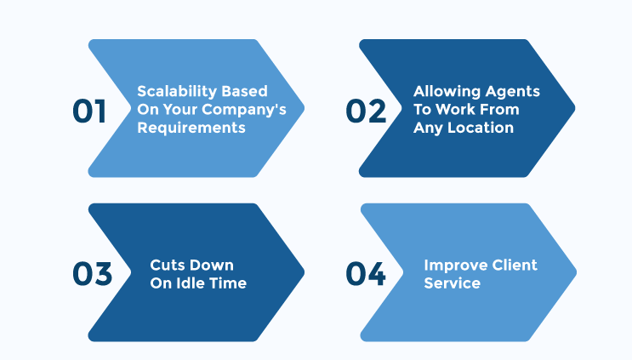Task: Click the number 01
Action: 89,111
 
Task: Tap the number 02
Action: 366,111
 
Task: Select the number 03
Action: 93,274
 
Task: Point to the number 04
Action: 366,274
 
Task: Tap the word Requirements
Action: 191,128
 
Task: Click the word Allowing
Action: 447,92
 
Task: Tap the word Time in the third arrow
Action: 227,283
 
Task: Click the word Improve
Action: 449,266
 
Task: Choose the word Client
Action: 509,266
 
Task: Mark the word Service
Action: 453,283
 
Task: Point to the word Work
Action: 455,110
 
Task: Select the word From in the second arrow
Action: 499,110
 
